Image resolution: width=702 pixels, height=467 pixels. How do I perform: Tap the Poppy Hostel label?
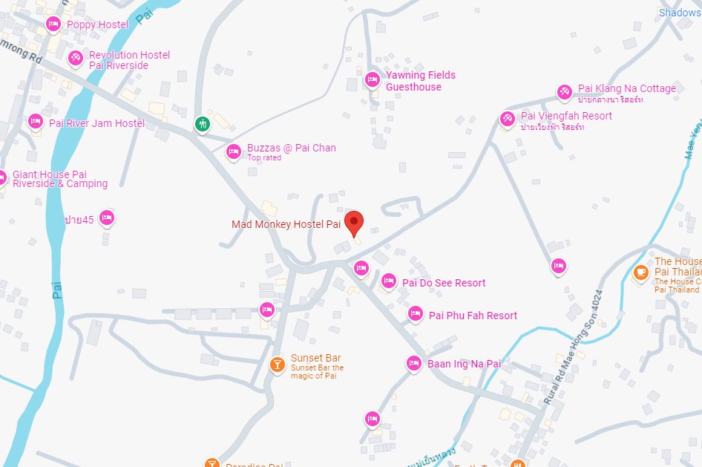tap(97, 25)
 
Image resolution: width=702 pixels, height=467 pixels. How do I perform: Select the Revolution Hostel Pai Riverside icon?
tap(75, 57)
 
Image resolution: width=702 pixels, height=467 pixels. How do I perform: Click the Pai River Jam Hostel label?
tap(96, 123)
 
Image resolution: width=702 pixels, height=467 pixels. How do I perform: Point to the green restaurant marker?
tap(203, 124)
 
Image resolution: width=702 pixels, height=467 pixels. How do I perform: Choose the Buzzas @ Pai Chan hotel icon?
tap(234, 151)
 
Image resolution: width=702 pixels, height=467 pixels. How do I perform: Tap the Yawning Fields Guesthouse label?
tap(420, 81)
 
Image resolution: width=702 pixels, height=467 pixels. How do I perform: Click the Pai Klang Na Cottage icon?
tap(565, 92)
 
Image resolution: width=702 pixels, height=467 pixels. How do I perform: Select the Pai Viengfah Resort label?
tap(566, 116)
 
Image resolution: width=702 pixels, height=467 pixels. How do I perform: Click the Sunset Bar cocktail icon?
tap(276, 365)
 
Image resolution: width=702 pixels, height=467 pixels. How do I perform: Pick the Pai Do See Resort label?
tap(444, 283)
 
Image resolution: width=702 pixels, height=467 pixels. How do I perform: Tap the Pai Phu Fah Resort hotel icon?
tap(415, 315)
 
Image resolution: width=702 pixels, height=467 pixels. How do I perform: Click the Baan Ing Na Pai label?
tap(464, 364)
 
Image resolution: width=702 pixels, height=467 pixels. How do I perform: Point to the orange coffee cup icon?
tap(640, 272)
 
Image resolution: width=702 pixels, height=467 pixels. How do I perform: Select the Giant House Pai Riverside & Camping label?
tap(60, 179)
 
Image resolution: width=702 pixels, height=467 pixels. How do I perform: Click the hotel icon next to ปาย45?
tap(107, 218)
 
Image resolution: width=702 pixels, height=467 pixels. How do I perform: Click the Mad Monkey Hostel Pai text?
tap(286, 224)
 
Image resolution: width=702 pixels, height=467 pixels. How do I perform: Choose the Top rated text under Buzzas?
tap(264, 158)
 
